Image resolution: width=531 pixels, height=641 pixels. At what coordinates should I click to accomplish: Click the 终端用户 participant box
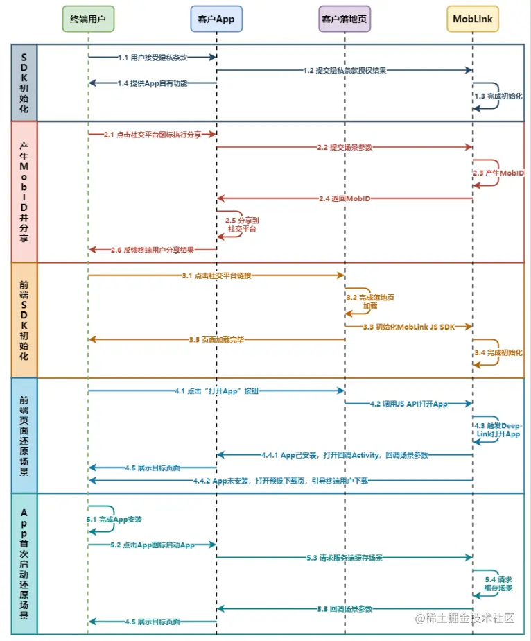pos(88,19)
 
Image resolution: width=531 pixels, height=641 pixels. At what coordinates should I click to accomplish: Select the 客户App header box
pos(216,19)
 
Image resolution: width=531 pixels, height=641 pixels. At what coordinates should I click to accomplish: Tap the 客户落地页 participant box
pos(345,19)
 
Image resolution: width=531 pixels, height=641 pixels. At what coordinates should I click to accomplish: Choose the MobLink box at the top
pos(473,19)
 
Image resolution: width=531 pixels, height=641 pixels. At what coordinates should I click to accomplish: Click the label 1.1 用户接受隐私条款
pos(153,57)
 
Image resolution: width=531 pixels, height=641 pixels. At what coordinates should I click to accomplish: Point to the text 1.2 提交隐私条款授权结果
pos(345,70)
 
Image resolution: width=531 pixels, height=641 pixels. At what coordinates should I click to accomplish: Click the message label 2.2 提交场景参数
pos(345,147)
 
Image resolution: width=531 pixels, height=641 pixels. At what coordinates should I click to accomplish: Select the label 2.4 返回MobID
pos(345,198)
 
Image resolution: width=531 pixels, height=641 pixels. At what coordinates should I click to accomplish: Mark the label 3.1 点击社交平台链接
pos(216,275)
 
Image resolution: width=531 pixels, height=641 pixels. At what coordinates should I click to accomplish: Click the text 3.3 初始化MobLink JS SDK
pos(409,326)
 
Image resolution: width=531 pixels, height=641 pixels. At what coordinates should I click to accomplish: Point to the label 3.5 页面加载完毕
pos(216,339)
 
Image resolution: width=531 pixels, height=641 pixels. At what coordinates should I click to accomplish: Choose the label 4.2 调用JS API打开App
pos(408,404)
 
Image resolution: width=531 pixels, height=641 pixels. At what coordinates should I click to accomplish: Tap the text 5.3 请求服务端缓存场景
pos(345,557)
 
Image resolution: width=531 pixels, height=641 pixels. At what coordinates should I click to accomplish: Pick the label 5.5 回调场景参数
pos(345,608)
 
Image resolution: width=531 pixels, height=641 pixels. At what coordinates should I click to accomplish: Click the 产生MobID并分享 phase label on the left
pos(24,191)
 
